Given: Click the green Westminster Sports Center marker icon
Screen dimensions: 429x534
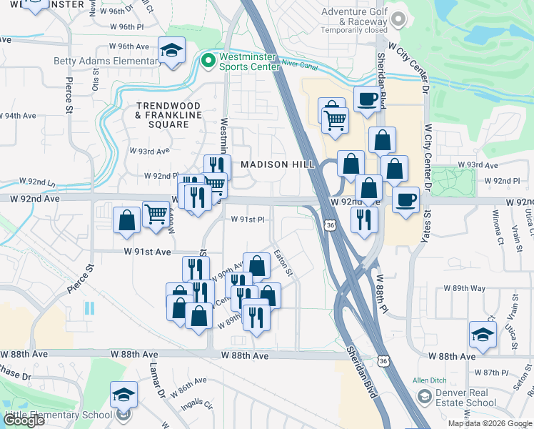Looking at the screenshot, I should (x=208, y=61).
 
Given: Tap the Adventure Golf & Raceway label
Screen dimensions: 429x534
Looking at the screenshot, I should (x=353, y=16).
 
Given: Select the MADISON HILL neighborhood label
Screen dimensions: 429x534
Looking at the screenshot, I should (x=277, y=164).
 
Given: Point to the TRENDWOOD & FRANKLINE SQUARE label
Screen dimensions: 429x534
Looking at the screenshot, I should (x=168, y=114).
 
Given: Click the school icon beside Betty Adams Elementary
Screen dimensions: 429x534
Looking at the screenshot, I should (x=171, y=51).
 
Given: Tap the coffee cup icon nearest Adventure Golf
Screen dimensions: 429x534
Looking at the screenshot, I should (x=367, y=99).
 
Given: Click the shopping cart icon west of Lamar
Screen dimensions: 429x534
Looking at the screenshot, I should (x=156, y=212).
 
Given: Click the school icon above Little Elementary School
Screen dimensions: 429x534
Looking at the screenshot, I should (x=124, y=394).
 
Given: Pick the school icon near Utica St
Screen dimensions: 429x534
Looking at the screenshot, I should (x=483, y=334).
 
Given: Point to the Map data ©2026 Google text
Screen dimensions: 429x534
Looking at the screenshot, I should (x=490, y=423).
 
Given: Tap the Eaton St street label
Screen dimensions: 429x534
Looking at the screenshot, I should (x=284, y=264).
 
